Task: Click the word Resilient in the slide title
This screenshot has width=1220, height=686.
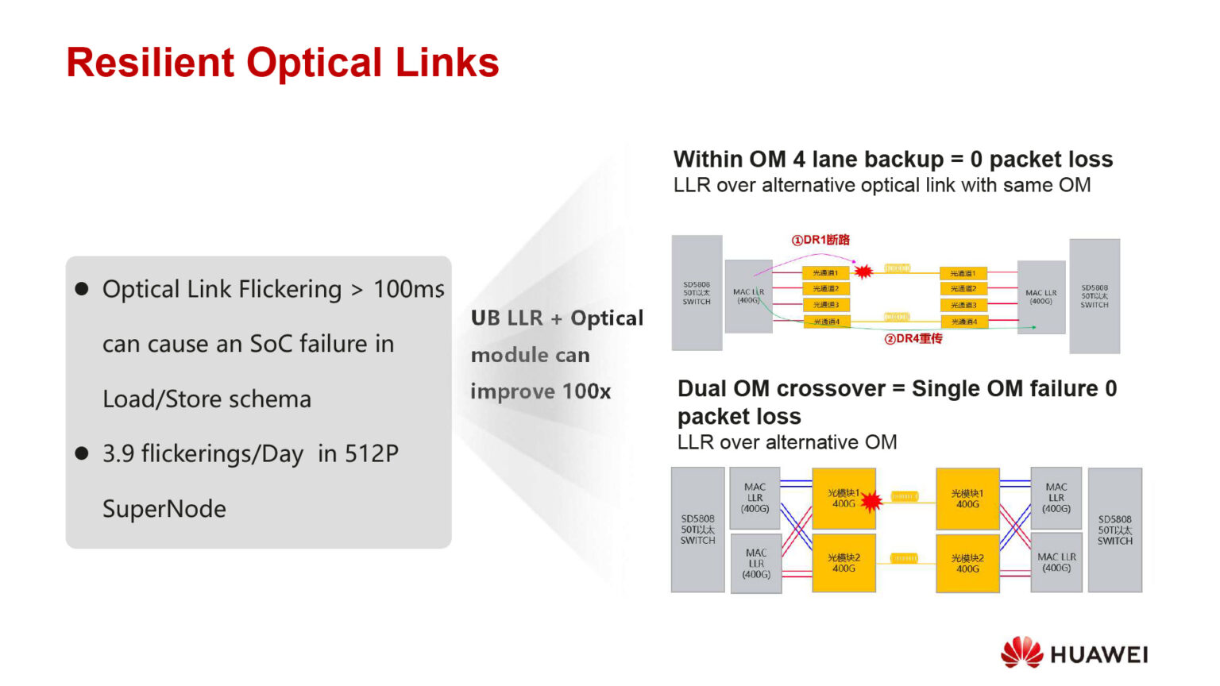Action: (x=150, y=63)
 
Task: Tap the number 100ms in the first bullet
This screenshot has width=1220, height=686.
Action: (x=408, y=289)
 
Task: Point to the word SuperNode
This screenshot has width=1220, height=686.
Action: (x=164, y=509)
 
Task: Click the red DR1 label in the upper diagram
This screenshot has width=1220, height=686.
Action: (x=821, y=240)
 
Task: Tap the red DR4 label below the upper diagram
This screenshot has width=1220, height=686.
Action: (x=913, y=339)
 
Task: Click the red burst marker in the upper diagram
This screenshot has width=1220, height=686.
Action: (x=863, y=272)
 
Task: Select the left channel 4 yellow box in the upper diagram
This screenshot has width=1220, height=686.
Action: (x=826, y=322)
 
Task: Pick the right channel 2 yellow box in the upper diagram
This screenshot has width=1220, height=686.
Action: (x=963, y=289)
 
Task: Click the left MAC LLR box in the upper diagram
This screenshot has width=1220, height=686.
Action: (x=748, y=296)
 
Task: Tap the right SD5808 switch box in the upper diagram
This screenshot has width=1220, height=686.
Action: (x=1094, y=296)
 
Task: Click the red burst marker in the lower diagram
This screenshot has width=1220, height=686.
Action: (x=871, y=502)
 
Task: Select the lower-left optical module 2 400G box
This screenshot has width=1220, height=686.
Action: (x=844, y=564)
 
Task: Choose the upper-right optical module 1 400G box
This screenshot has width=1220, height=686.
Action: (x=967, y=499)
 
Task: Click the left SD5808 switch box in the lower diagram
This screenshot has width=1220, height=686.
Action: (x=697, y=530)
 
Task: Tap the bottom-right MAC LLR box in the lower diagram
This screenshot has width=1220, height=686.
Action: (x=1056, y=562)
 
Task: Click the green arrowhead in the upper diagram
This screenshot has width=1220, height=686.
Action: (x=1033, y=327)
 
